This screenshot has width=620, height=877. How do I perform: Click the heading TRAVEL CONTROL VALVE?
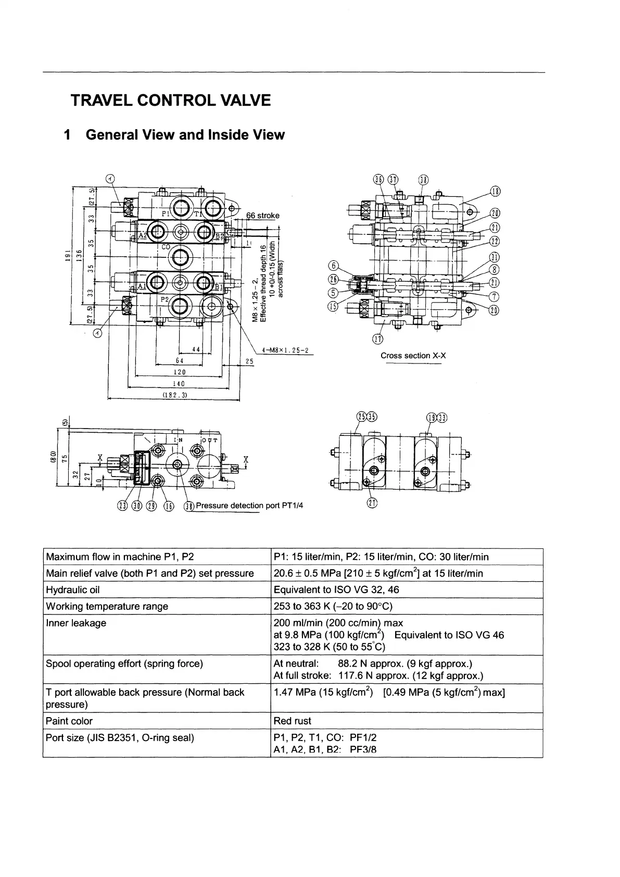(x=171, y=100)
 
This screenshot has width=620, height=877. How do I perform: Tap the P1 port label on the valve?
(x=165, y=214)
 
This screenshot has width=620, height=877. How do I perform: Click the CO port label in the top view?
(x=166, y=247)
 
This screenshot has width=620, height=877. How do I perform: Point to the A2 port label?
(x=141, y=235)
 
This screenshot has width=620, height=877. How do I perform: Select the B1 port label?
(x=219, y=286)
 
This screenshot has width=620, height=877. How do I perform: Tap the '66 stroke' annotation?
(x=262, y=216)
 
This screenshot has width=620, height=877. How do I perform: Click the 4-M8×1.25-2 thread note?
(x=286, y=350)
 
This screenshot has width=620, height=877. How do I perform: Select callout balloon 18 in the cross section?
(x=496, y=191)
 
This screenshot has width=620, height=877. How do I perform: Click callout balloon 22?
(x=495, y=241)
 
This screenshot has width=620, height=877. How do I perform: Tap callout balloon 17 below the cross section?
(x=378, y=340)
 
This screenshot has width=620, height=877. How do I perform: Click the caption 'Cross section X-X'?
(x=413, y=356)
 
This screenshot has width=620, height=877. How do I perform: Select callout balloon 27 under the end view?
(x=372, y=503)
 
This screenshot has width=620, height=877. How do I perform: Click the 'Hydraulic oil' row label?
(x=72, y=590)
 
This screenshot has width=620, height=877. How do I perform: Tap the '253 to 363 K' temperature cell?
(x=333, y=606)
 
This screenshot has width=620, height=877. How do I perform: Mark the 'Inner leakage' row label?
(x=76, y=623)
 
